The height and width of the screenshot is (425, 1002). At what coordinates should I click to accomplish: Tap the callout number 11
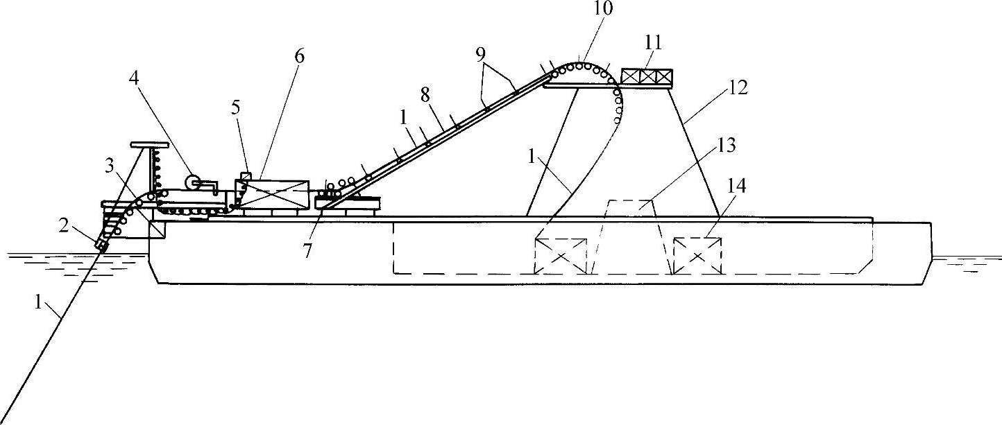pos(653,43)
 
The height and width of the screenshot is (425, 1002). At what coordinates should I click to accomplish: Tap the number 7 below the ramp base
pos(307,250)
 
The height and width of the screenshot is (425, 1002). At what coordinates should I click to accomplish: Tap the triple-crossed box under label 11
pos(646,76)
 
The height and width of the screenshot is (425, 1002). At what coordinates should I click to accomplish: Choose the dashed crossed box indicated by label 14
pos(697,256)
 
